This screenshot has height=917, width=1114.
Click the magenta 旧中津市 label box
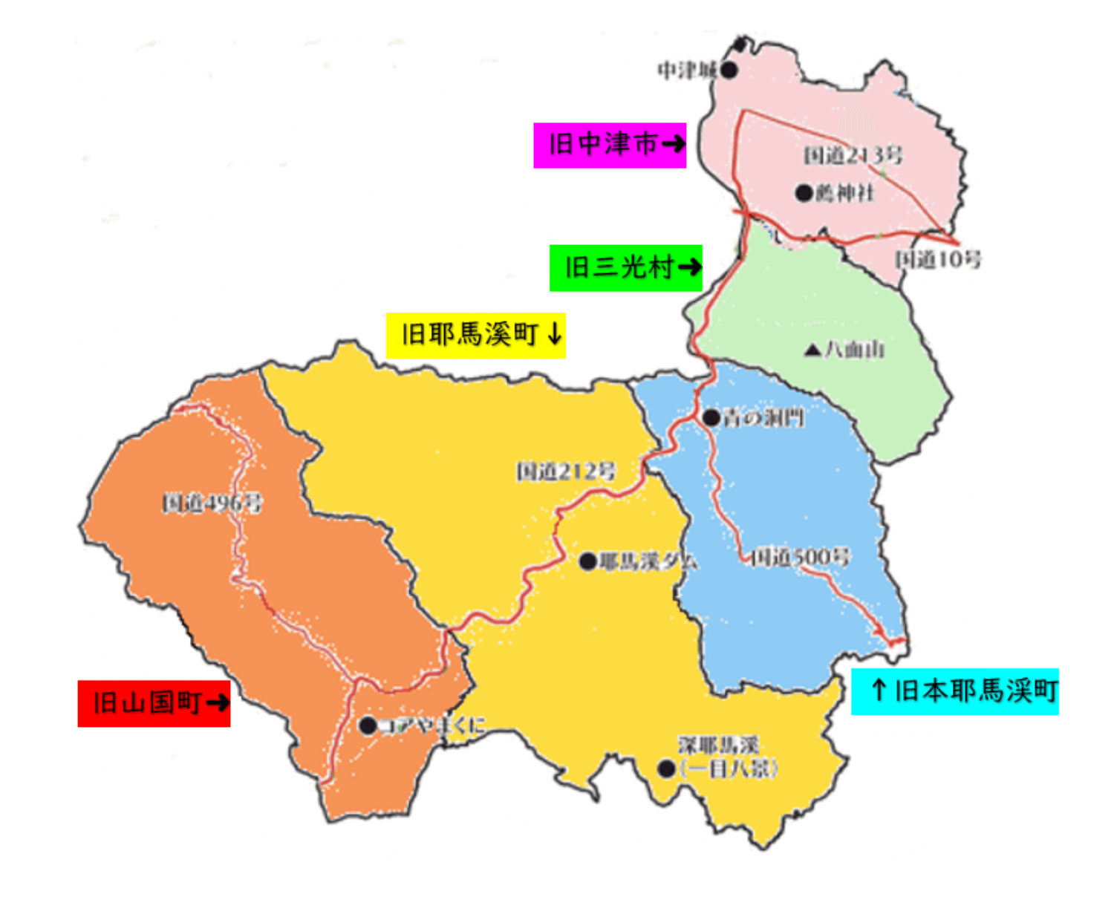(x=610, y=146)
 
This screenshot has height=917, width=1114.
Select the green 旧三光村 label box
(x=625, y=268)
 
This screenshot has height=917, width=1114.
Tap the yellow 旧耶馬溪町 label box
(x=475, y=336)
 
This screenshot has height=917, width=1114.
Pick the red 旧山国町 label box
(x=154, y=703)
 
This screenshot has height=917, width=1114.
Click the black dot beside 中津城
(x=729, y=71)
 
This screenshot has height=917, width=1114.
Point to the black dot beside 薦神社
(x=804, y=193)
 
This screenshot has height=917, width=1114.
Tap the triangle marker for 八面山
(x=812, y=350)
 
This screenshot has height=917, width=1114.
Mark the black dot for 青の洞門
(x=711, y=418)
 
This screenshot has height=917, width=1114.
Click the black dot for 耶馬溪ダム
(x=587, y=561)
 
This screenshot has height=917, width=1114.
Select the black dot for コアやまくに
(x=368, y=725)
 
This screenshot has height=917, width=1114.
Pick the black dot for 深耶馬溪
(x=666, y=769)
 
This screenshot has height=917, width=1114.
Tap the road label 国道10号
(x=937, y=259)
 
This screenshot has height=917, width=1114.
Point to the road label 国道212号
(x=566, y=471)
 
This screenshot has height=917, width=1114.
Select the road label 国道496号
(x=212, y=503)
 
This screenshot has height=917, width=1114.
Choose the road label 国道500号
(x=800, y=557)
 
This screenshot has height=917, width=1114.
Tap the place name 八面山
(x=855, y=350)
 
